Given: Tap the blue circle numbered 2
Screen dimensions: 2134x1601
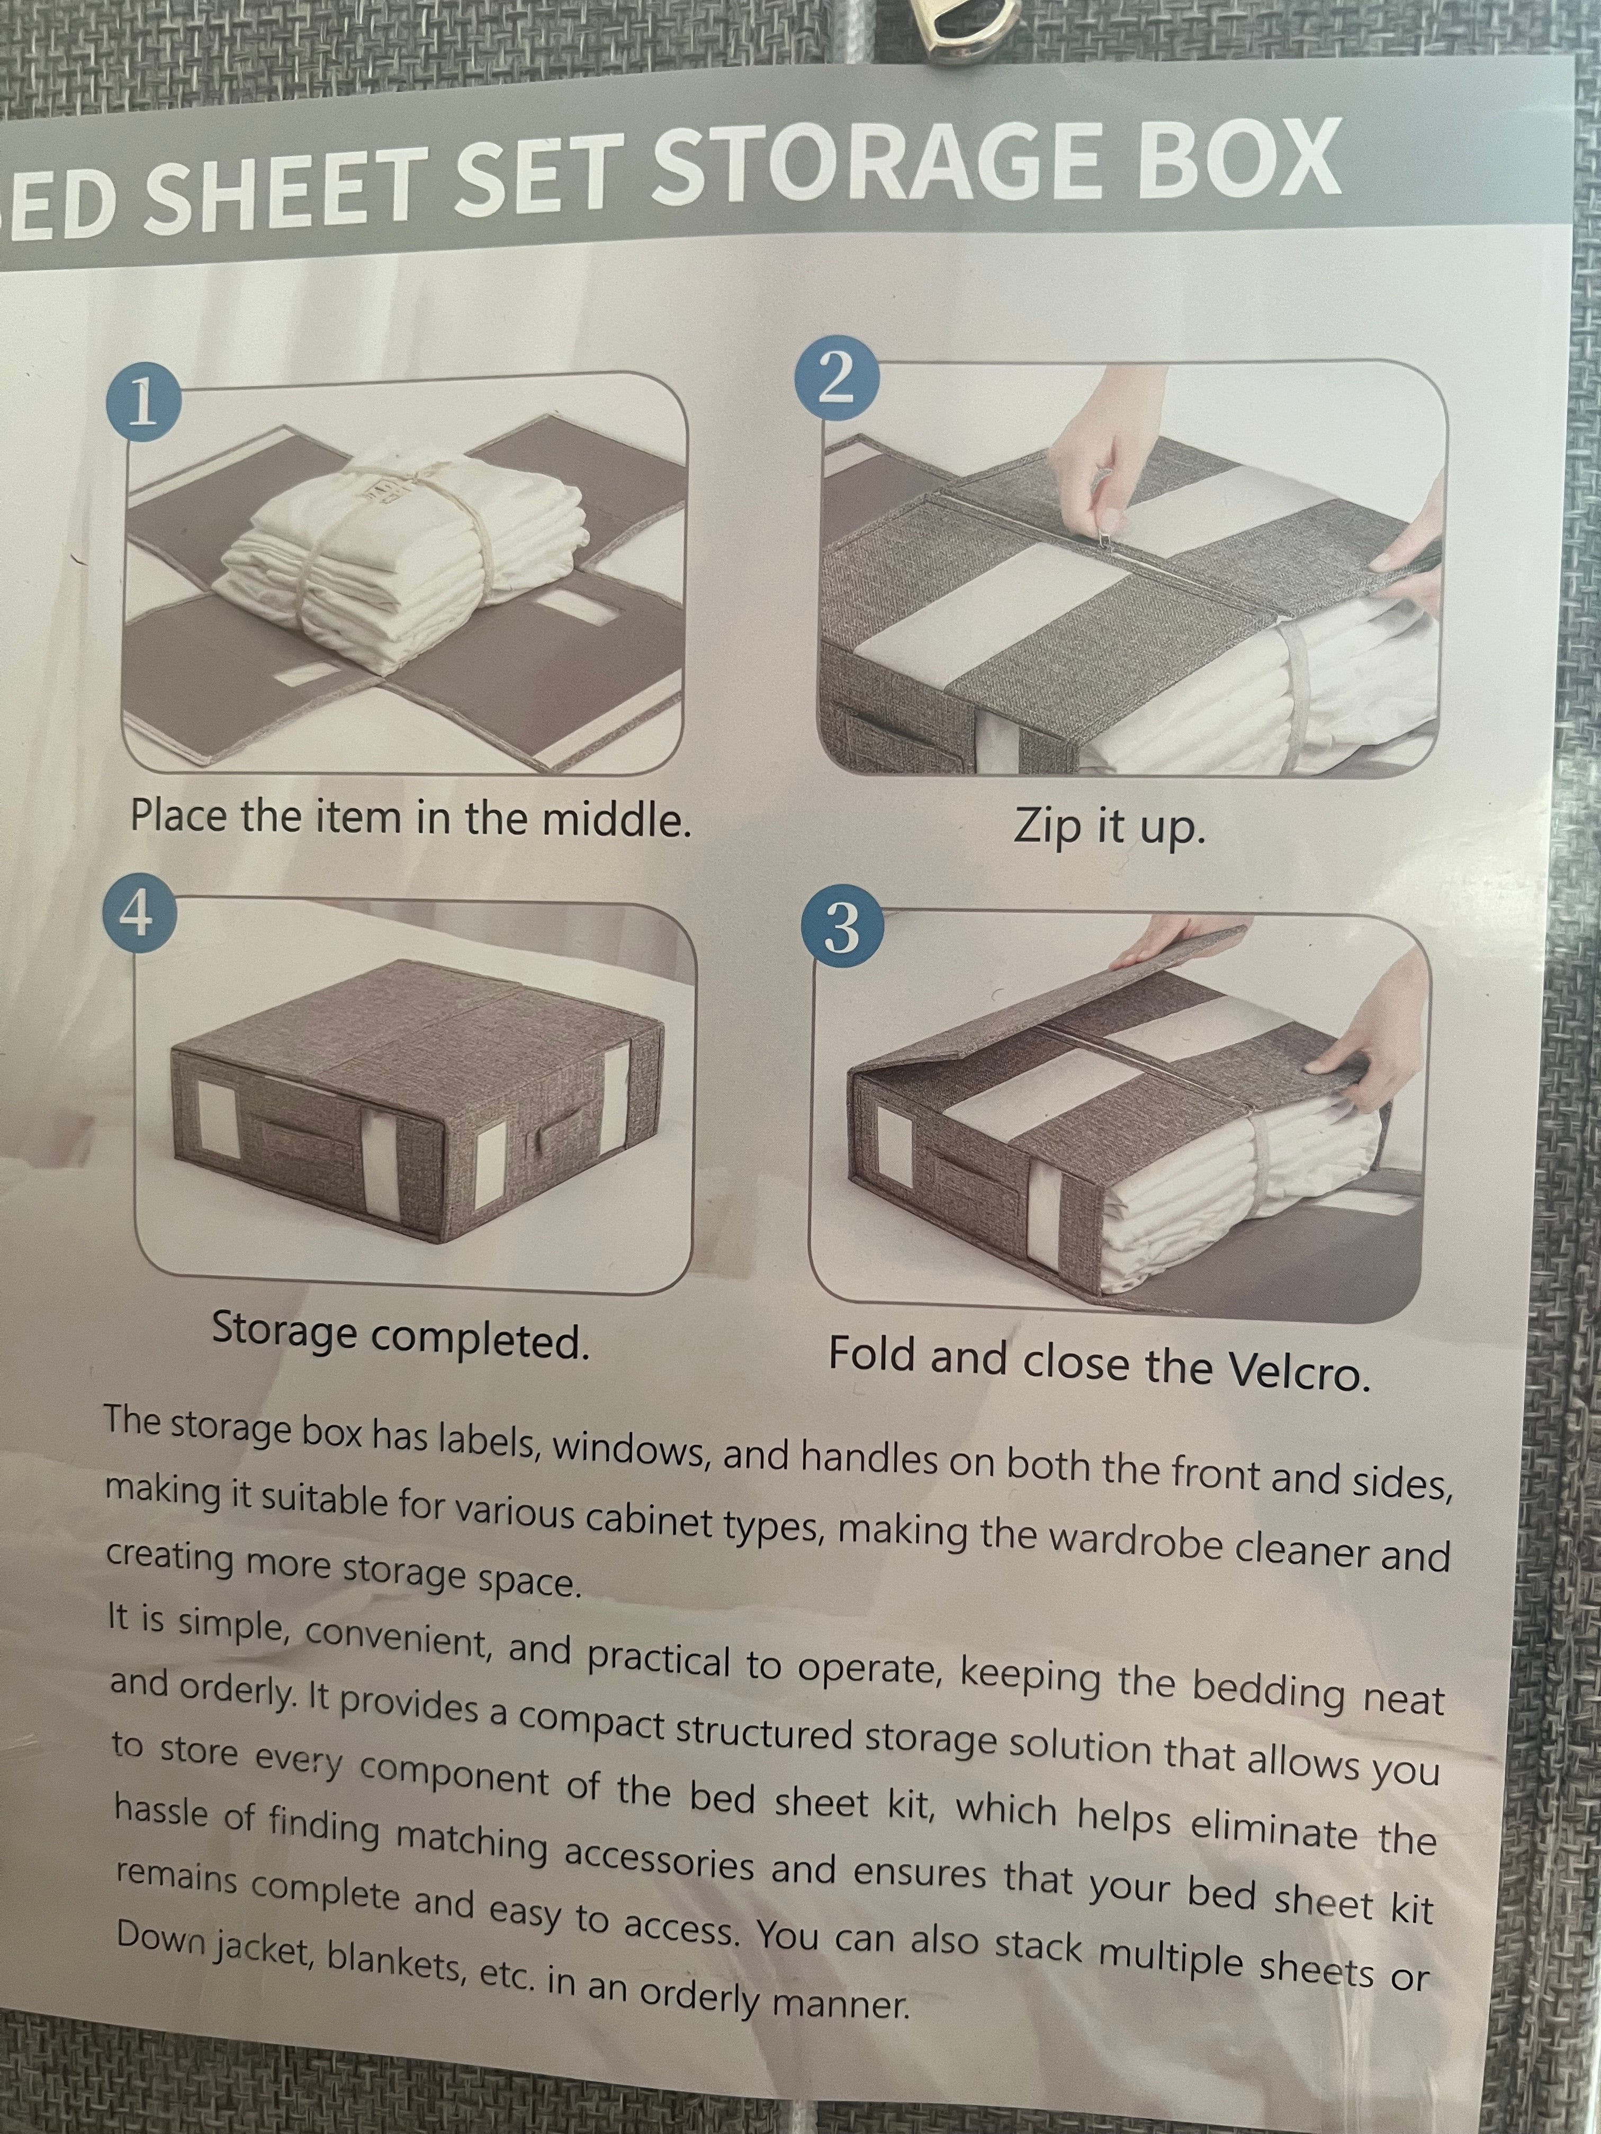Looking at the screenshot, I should pos(836,384).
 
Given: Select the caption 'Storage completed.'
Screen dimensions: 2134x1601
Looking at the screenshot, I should pos(400,1334).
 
